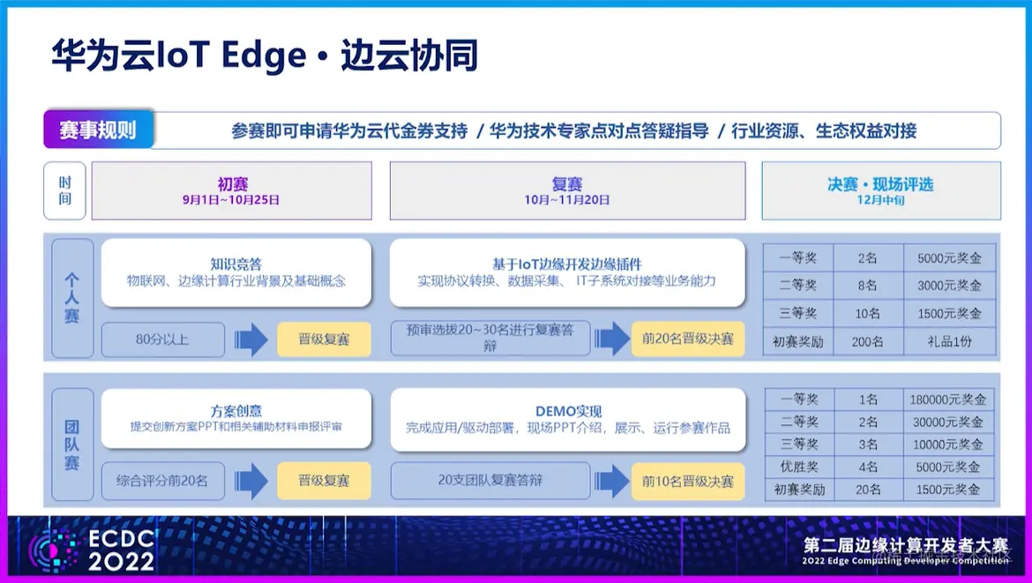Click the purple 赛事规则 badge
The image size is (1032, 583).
point(98,131)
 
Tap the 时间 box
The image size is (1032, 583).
point(64,191)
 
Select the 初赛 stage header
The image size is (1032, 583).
point(232,190)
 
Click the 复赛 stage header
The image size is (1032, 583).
point(567,190)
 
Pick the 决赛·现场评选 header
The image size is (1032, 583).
point(880,190)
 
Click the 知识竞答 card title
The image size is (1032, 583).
point(236,264)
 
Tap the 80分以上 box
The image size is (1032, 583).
point(162,339)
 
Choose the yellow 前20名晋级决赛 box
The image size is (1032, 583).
point(688,339)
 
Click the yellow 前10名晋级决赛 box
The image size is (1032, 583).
point(688,482)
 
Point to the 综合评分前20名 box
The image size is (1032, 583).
point(162,482)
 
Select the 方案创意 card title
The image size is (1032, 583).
point(236,411)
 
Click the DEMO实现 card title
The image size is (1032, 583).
point(568,411)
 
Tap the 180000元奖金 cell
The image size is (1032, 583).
point(950,399)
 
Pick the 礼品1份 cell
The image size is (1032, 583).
point(950,341)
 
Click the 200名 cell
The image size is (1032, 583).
point(869,341)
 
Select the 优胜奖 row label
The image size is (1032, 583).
point(798,467)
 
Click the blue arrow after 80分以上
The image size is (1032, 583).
point(251,340)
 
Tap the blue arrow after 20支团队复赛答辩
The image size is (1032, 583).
point(611,482)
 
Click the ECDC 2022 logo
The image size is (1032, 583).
point(92,549)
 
